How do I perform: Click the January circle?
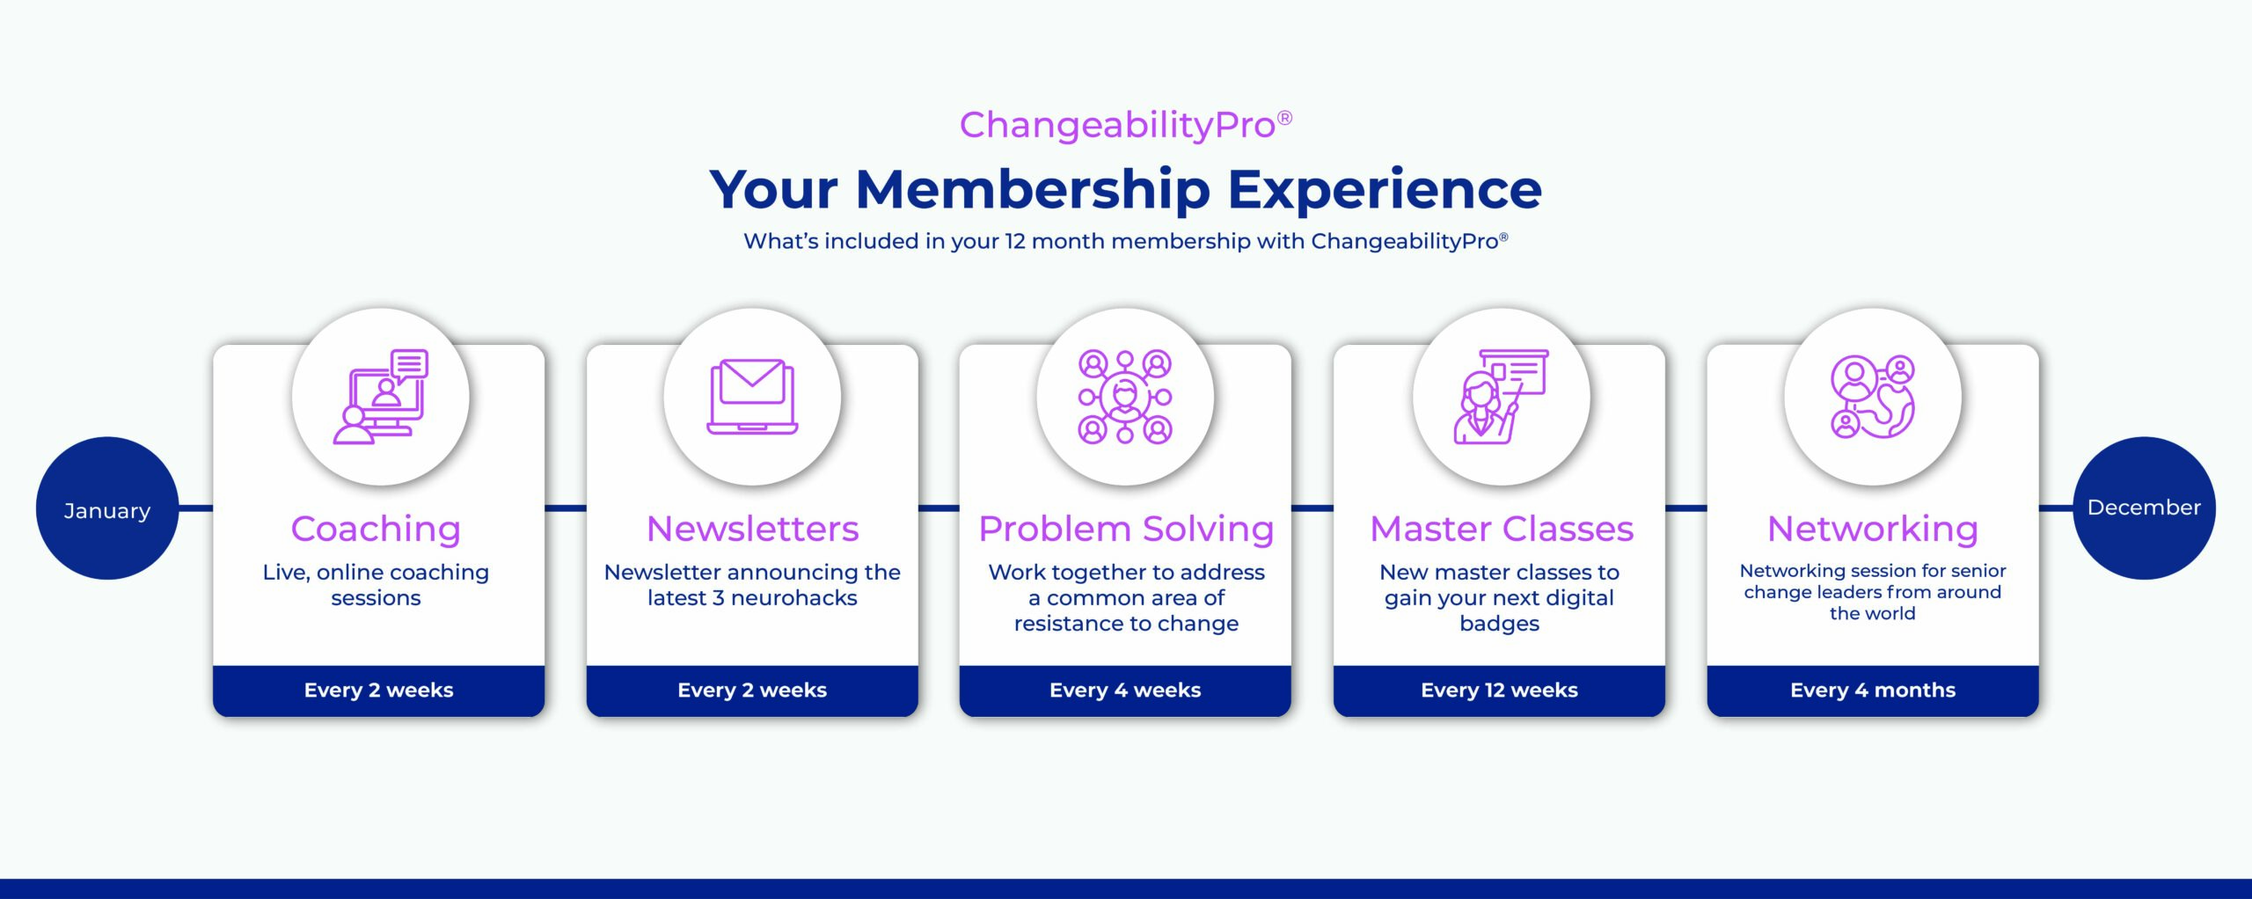pos(107,508)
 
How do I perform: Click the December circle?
pos(2144,508)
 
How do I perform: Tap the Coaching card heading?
pos(376,529)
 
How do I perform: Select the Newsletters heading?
pos(752,529)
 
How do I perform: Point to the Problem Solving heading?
pos(1126,529)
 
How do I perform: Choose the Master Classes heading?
pos(1502,529)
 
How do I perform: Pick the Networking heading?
pos(1873,529)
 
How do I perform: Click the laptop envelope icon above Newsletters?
pos(752,397)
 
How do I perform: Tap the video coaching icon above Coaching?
pos(380,397)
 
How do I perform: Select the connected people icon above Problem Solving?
pos(1125,397)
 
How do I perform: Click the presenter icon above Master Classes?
pos(1501,397)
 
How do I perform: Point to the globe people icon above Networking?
pos(1873,397)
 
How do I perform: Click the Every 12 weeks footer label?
pos(1499,691)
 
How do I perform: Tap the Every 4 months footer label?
pos(1873,691)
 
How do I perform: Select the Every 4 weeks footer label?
pos(1125,691)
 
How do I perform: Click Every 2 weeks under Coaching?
pos(379,691)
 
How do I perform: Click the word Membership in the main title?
pos(1033,190)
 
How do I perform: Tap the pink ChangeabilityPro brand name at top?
pos(1117,126)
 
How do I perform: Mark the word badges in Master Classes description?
pos(1499,624)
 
